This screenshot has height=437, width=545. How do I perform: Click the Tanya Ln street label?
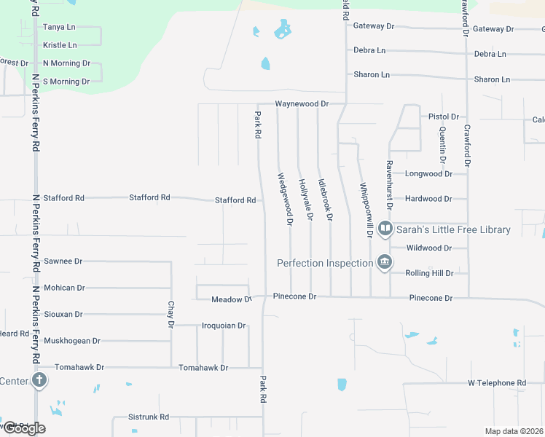[x=59, y=27]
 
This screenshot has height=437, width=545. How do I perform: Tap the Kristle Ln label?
[x=60, y=45]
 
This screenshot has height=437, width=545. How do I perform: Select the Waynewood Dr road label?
[x=302, y=104]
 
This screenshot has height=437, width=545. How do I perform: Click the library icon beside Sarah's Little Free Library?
[x=385, y=229]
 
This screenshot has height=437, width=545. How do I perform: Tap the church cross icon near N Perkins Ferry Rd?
[x=39, y=380]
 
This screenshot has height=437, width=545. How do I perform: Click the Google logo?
[x=23, y=428]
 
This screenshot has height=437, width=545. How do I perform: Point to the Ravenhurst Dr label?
[x=390, y=185]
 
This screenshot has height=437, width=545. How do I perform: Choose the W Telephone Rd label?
[x=496, y=383]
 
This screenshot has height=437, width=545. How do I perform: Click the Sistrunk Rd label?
[x=149, y=417]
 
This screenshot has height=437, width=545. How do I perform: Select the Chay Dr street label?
[x=170, y=315]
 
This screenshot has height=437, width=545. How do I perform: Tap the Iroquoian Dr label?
[x=224, y=326]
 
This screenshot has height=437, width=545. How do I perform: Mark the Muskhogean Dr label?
[x=72, y=340]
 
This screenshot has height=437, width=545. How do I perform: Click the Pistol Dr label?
[x=444, y=117]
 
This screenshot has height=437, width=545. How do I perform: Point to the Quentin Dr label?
[x=442, y=144]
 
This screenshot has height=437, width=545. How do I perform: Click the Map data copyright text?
[x=514, y=431]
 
